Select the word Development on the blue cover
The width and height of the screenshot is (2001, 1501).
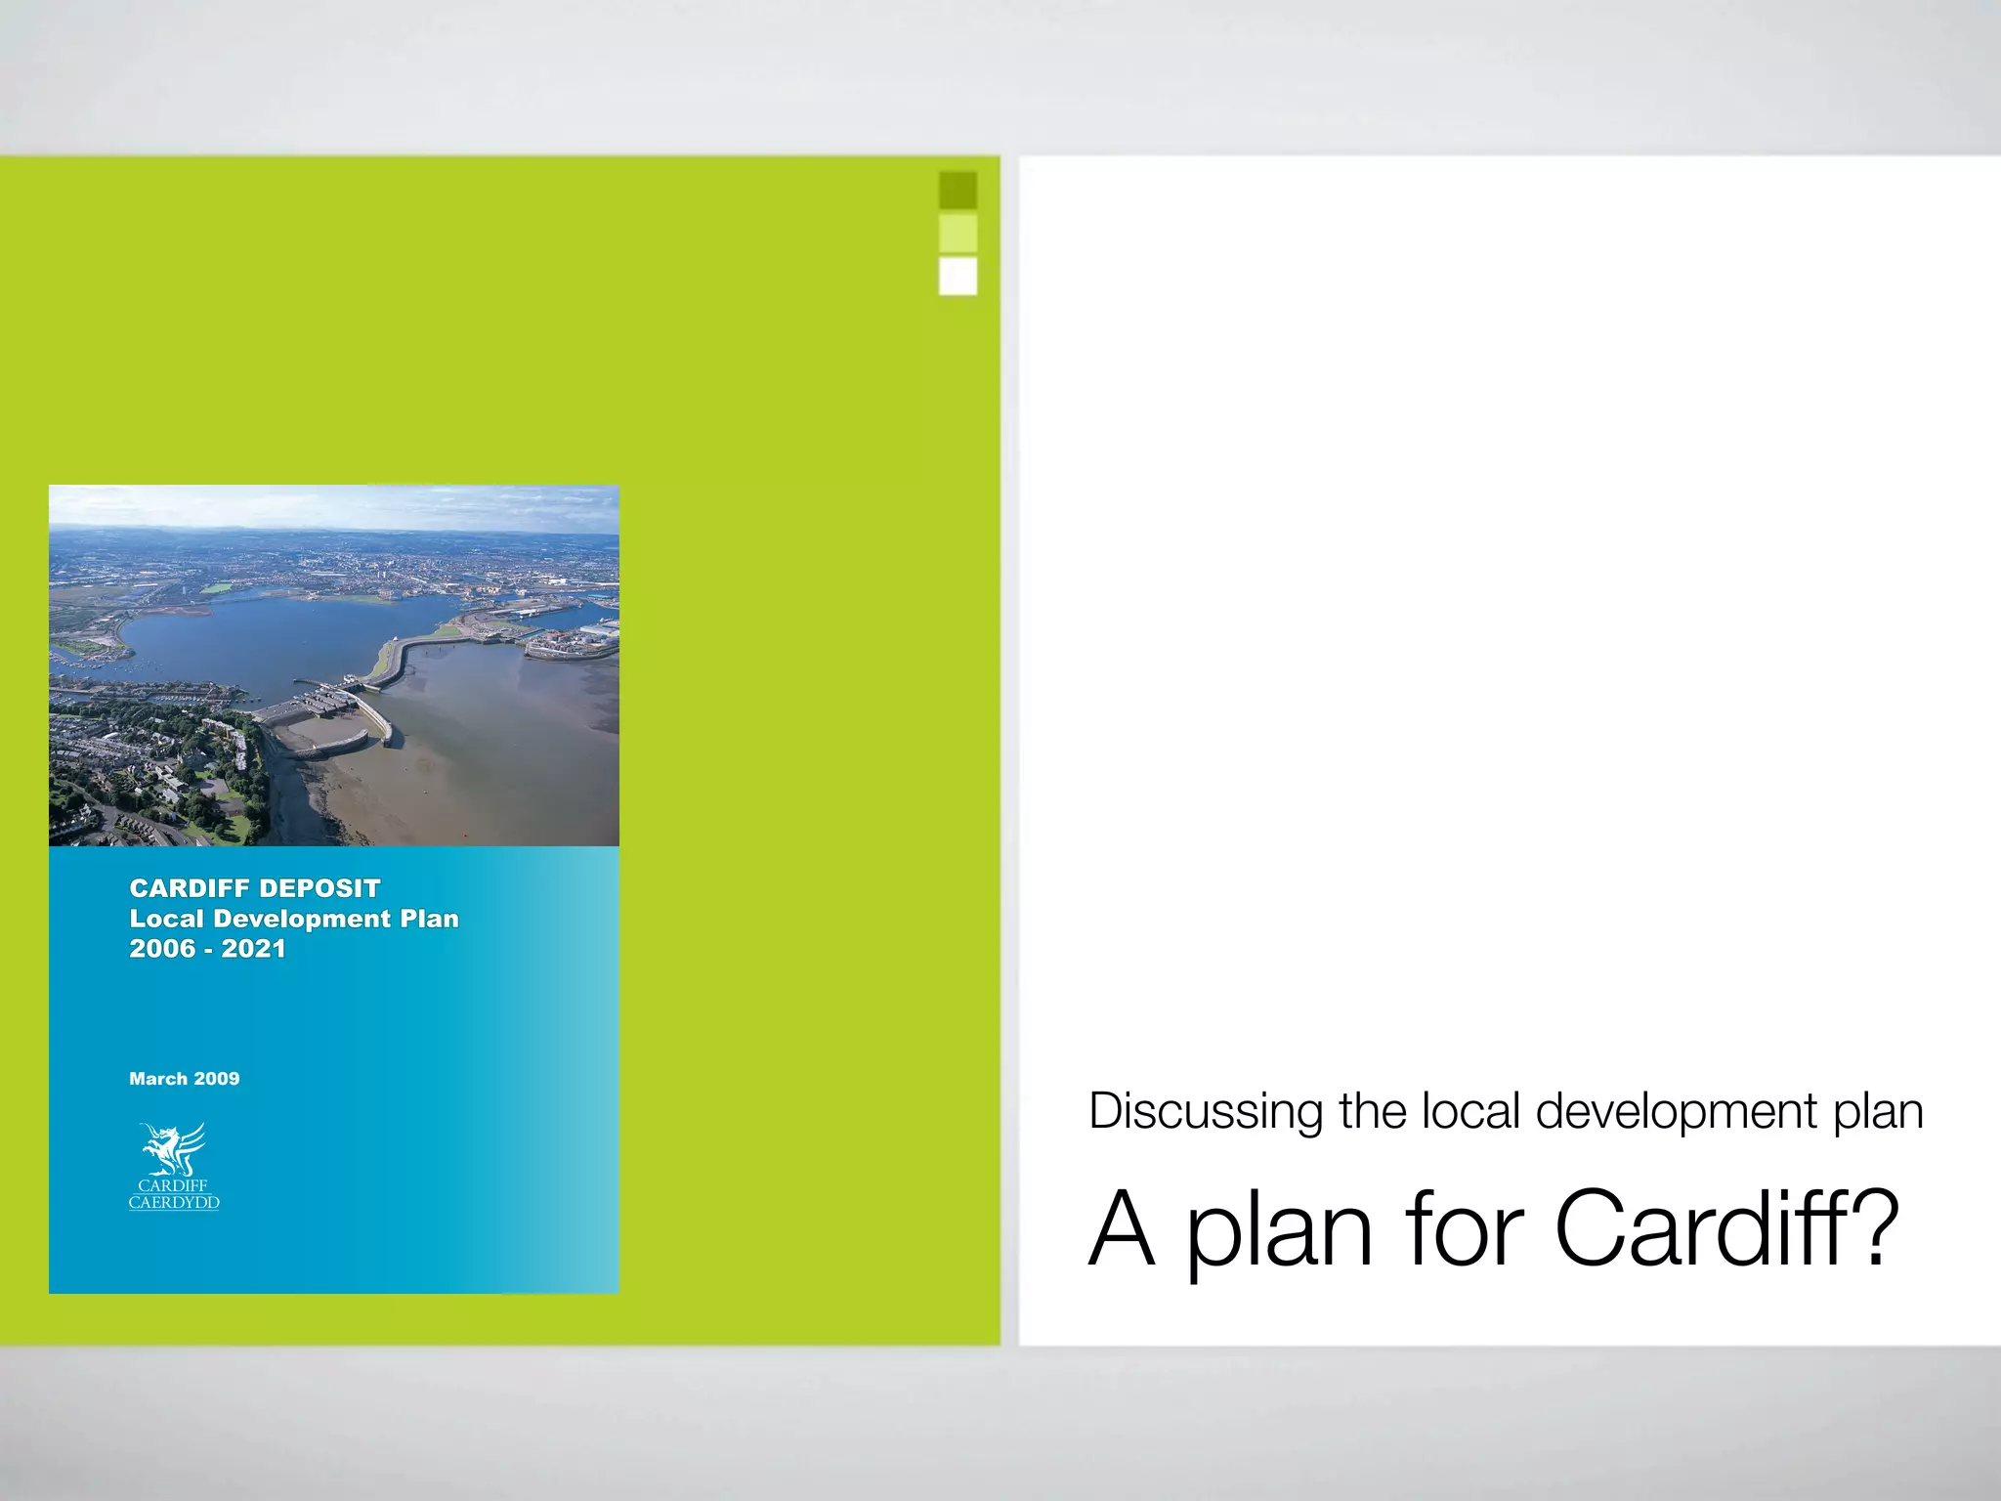[x=302, y=919]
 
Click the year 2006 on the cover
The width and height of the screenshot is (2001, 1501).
[x=162, y=949]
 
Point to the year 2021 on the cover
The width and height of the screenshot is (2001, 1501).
[x=254, y=949]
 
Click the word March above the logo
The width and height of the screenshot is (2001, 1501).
[x=157, y=1079]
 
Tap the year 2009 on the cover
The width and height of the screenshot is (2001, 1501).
[x=217, y=1079]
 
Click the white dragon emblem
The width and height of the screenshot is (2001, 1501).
[x=174, y=1149]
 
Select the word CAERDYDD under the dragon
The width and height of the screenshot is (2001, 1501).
[x=174, y=1203]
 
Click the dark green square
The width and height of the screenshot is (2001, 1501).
[x=958, y=190]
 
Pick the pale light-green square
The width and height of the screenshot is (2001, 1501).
[x=958, y=234]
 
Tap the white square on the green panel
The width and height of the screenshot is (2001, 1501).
[x=958, y=277]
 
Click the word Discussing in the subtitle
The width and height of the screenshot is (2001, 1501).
[x=1206, y=1112]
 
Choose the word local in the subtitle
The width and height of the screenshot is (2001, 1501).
[x=1471, y=1112]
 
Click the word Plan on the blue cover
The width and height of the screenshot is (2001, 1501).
[x=430, y=919]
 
